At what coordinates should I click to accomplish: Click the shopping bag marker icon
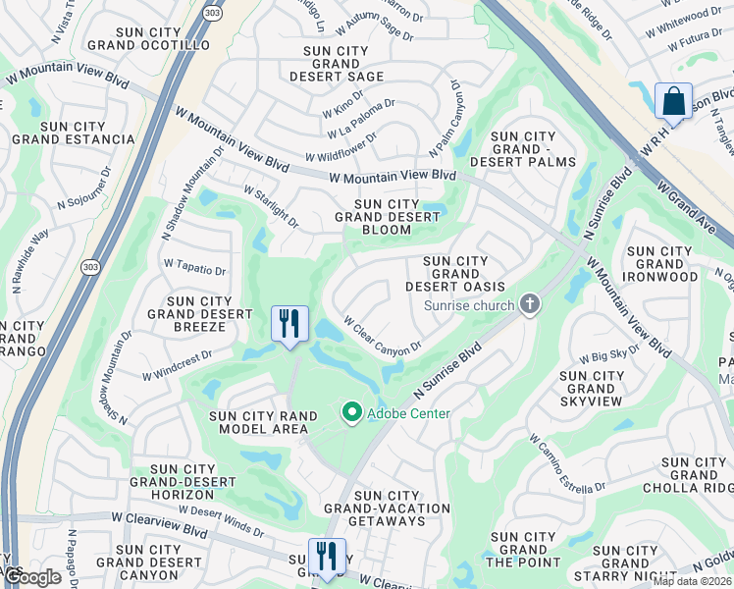tap(673, 100)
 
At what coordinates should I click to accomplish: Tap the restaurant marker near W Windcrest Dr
tap(289, 324)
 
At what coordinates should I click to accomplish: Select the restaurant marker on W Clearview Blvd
tap(327, 556)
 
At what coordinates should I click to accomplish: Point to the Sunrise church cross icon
tap(530, 304)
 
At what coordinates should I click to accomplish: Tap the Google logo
tap(31, 577)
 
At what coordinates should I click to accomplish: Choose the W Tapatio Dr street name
tap(195, 267)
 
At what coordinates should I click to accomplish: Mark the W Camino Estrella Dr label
tap(566, 465)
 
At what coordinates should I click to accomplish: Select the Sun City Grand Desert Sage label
tap(338, 63)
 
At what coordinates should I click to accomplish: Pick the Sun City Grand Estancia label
tap(74, 133)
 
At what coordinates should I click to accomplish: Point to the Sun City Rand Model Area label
tap(264, 423)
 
